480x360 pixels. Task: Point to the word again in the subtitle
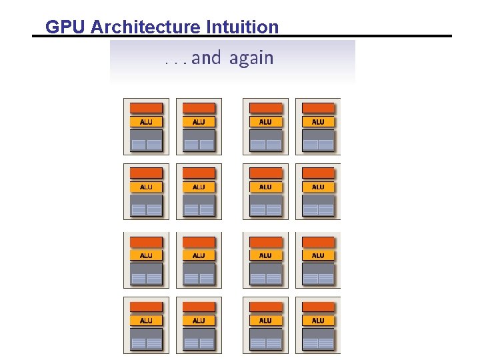click(251, 59)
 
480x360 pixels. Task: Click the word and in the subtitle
click(206, 58)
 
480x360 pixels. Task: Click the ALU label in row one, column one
click(146, 122)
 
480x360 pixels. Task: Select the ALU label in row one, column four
click(318, 122)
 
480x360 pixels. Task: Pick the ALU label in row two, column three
click(265, 187)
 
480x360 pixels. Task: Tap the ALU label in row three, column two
click(199, 255)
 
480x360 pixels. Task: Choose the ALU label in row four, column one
click(146, 321)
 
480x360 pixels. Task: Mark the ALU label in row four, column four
click(318, 321)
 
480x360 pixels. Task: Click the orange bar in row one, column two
click(199, 108)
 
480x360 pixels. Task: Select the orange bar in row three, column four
click(318, 242)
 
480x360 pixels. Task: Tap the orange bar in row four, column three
click(265, 307)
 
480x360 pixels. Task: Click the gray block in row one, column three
click(265, 140)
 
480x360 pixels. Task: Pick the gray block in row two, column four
click(318, 205)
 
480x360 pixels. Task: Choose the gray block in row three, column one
click(146, 273)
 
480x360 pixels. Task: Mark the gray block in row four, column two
click(199, 339)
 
